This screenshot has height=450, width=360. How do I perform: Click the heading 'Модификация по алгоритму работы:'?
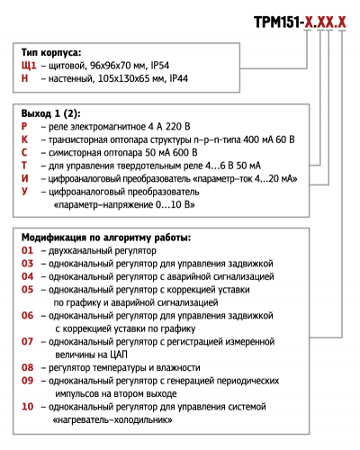(x=104, y=238)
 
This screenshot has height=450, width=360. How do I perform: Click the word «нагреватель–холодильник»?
(x=116, y=420)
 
